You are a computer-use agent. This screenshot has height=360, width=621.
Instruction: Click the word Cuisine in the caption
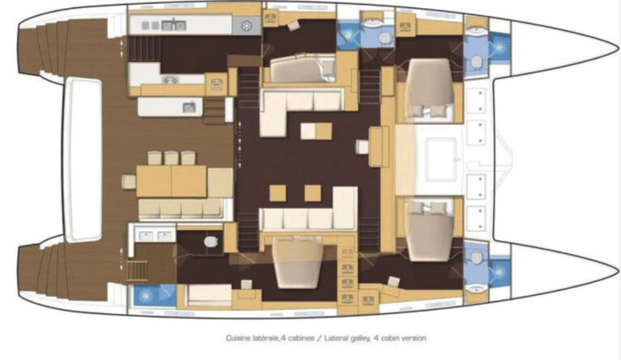click(x=239, y=338)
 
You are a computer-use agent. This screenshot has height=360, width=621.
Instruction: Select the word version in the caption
click(x=413, y=338)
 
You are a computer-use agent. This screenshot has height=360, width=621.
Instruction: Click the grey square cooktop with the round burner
click(x=246, y=26)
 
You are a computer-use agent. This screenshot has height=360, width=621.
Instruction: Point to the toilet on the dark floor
click(x=210, y=241)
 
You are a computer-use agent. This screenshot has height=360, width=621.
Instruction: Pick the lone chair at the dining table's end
click(x=129, y=182)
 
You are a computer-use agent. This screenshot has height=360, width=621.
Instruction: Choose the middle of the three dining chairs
click(x=171, y=158)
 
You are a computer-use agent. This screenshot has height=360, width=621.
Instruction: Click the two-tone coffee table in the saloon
click(x=316, y=131)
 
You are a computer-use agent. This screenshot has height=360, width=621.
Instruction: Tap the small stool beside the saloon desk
click(x=362, y=147)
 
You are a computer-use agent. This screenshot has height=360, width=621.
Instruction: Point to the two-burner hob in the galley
click(x=171, y=80)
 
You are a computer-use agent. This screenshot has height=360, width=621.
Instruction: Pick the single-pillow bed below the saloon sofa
click(x=298, y=263)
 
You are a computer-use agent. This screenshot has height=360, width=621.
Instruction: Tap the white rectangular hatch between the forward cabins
click(x=441, y=159)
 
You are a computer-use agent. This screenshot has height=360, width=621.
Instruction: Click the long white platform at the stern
click(x=82, y=159)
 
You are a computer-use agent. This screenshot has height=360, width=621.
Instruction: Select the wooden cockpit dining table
click(x=171, y=181)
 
